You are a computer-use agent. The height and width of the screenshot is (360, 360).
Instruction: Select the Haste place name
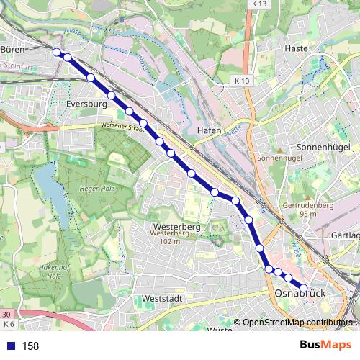[296, 48]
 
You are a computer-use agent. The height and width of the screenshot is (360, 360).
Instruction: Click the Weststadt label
[163, 298]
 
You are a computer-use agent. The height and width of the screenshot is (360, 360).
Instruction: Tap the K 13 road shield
[259, 4]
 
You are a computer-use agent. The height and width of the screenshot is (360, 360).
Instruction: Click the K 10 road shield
[242, 81]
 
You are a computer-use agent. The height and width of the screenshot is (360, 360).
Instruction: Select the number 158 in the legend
[30, 346]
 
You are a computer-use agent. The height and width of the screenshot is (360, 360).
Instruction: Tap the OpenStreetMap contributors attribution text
[297, 323]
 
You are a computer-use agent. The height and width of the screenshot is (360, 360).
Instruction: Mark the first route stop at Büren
[57, 51]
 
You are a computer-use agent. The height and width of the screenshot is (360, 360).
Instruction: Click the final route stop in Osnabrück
[304, 287]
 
